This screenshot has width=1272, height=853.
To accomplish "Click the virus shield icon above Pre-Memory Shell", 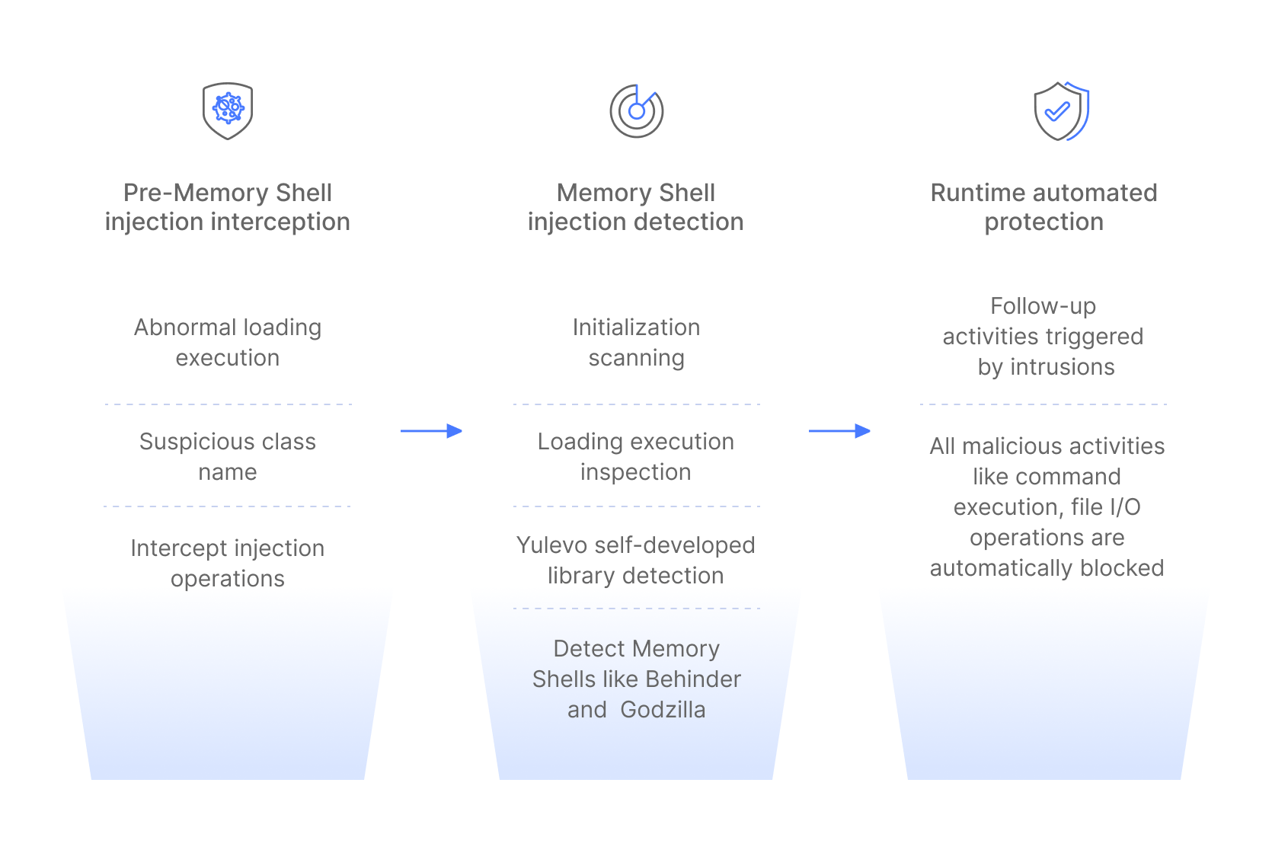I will (x=228, y=111).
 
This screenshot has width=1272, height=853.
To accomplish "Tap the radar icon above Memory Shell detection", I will (x=637, y=111).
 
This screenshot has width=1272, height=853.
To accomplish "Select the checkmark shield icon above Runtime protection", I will (x=1060, y=111).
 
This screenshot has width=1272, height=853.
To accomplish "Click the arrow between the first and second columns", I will (x=431, y=431).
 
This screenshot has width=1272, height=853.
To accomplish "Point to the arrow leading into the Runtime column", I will (x=839, y=431).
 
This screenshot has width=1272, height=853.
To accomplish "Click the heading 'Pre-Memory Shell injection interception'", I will (x=228, y=207).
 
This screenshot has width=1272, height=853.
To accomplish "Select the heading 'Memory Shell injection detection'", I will (x=636, y=207).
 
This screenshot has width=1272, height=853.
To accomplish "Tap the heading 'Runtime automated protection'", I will (x=1043, y=207).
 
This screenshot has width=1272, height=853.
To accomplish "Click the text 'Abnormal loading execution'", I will (x=228, y=343).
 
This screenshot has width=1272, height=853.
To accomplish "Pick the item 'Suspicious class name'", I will (x=228, y=457).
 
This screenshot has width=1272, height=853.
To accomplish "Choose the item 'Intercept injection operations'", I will (x=228, y=564).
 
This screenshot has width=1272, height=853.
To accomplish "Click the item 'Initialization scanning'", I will (x=636, y=343).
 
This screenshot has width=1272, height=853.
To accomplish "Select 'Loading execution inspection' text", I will (x=636, y=457).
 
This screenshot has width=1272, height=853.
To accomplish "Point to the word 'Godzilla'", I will (x=663, y=710).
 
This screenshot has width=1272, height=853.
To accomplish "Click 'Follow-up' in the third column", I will (x=1043, y=306).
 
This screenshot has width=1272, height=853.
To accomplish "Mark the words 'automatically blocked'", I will (x=1047, y=568).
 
